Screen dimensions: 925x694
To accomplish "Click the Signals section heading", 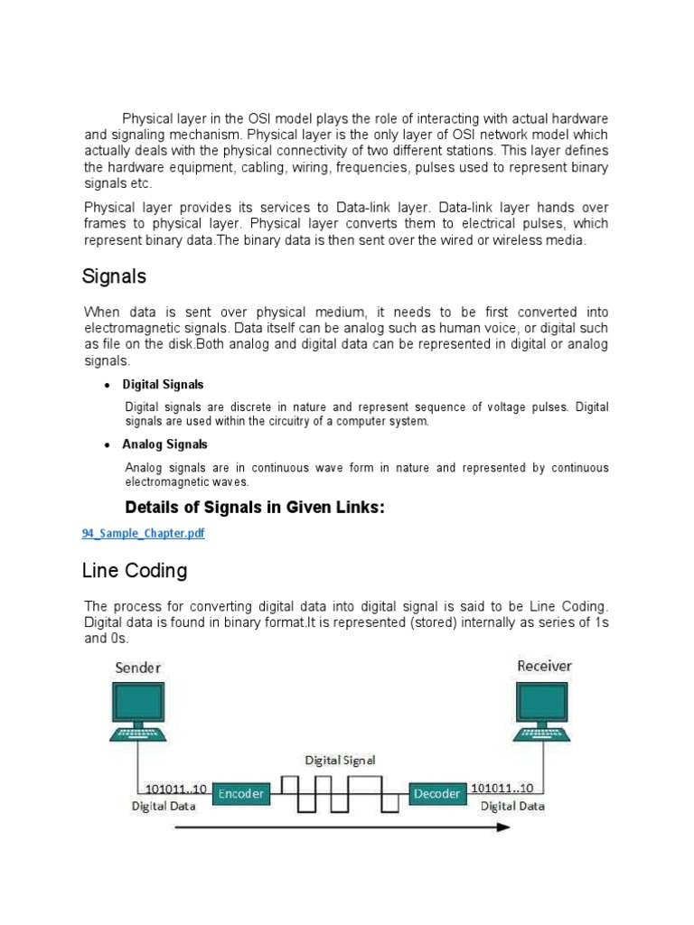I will click(114, 276).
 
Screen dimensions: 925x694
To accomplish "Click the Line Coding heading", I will click(135, 571).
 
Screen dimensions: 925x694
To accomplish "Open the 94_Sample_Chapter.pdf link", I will click(143, 534).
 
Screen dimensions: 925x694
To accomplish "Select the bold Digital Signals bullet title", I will click(163, 385).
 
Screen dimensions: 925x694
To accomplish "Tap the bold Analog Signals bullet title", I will click(164, 444).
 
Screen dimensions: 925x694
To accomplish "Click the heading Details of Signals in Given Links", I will click(255, 509).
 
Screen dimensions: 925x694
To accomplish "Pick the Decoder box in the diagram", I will click(437, 794).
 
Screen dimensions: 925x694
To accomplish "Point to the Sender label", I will click(137, 668).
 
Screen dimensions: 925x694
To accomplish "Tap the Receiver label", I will click(544, 667).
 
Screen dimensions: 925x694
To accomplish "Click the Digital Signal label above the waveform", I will click(340, 760).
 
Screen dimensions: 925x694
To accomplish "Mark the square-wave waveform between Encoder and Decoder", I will click(340, 793).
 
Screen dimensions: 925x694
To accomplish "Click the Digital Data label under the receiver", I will click(511, 806).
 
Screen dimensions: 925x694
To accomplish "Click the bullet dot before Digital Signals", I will click(108, 386).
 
